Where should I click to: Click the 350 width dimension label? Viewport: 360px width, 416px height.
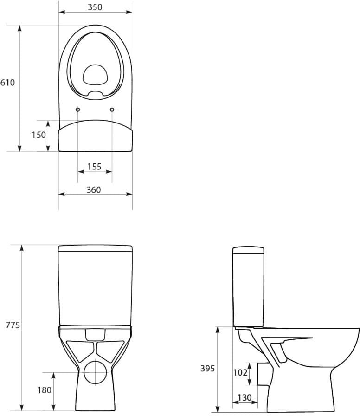coord(95,7)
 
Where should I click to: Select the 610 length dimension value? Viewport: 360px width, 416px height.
coord(8,83)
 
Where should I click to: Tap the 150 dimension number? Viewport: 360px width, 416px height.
coord(39,135)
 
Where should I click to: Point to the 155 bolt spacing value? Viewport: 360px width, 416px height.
coord(94,167)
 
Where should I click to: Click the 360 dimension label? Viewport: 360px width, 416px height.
coord(94,190)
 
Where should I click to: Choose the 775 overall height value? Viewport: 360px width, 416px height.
coord(12,325)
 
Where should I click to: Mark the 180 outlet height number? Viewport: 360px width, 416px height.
coord(44,390)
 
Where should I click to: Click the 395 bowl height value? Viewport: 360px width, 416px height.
coord(207,369)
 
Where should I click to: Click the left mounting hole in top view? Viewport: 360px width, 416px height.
coord(78,110)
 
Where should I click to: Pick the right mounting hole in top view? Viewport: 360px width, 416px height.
coord(112,110)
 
